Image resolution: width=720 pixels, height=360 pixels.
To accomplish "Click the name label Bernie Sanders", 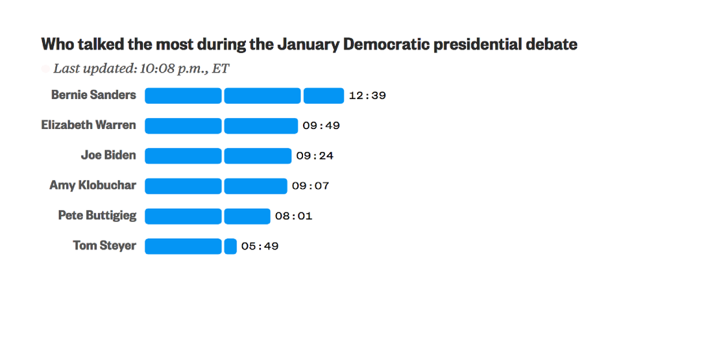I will (x=94, y=95).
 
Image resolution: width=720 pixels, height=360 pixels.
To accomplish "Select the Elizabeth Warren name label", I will (x=88, y=125).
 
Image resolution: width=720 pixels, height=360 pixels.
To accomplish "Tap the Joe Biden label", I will (x=109, y=155).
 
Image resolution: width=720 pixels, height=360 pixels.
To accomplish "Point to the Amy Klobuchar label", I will (x=93, y=185).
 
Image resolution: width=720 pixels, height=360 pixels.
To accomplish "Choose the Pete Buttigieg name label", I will (x=97, y=215).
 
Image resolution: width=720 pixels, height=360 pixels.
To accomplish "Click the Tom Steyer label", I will (x=104, y=245).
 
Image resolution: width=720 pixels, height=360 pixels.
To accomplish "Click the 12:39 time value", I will (x=367, y=95).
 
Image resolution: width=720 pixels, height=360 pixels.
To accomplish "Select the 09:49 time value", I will (x=321, y=125).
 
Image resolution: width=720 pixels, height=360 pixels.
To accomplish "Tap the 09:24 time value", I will (x=314, y=156).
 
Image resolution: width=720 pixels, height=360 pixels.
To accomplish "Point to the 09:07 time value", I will (x=310, y=186).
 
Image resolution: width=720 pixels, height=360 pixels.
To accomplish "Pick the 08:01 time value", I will (x=293, y=216).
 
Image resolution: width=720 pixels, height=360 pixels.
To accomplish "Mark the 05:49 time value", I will (x=260, y=246).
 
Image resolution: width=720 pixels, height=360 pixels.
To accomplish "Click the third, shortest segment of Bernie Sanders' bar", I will (x=323, y=95).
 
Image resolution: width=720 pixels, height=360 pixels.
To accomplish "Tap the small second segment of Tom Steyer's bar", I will (x=230, y=246).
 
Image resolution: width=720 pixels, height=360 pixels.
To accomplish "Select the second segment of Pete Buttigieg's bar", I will (x=247, y=216).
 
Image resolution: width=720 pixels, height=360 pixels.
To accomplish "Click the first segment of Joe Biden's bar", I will (x=183, y=156).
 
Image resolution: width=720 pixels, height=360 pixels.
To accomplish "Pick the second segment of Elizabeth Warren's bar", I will (x=261, y=125).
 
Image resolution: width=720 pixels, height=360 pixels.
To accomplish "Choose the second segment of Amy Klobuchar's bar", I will (x=256, y=186).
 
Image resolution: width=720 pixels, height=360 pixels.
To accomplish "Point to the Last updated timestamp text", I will (x=141, y=68).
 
